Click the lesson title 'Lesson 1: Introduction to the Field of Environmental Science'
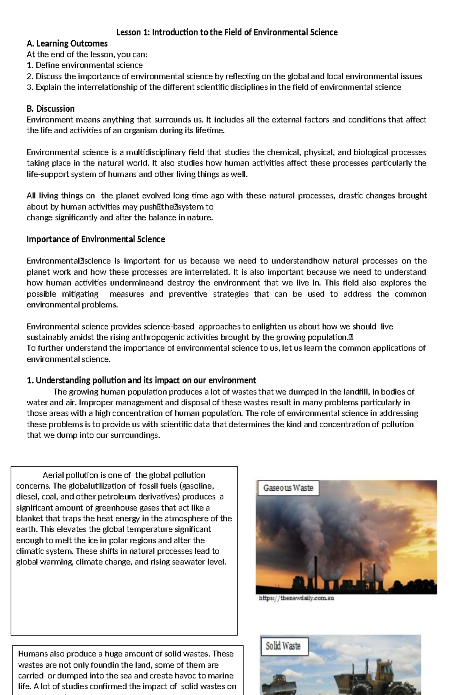point(227,32)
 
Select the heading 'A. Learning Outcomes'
point(67,44)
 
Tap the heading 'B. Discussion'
point(50,109)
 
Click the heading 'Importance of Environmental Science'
point(96,239)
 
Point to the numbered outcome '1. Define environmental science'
point(85,65)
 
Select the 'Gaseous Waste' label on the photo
point(288,488)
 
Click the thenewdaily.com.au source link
point(296,598)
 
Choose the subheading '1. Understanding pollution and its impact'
point(141,380)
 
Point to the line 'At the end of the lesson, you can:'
point(87,54)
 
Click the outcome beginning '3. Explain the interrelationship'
point(214,87)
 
